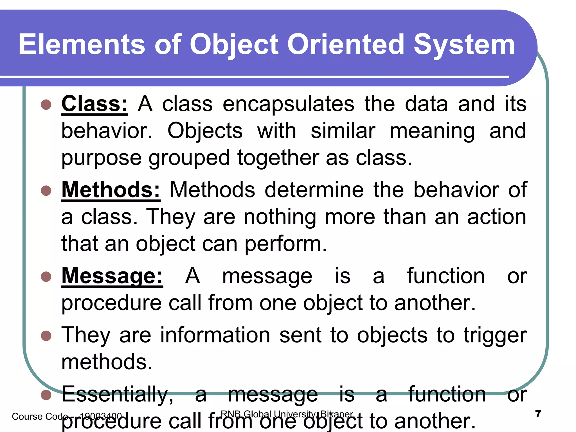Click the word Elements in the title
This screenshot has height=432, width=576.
[x=82, y=44]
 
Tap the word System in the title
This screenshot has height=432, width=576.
[x=464, y=44]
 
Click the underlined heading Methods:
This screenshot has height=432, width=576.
[x=111, y=190]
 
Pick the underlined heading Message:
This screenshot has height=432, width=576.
[x=112, y=276]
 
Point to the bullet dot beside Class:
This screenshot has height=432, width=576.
[x=46, y=105]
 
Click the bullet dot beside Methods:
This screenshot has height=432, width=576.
[x=46, y=191]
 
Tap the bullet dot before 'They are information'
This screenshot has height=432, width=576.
[x=46, y=336]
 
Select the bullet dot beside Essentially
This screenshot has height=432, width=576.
[x=46, y=395]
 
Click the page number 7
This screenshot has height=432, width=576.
[x=538, y=414]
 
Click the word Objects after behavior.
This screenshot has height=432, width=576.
[x=205, y=131]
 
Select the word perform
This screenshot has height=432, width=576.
[x=285, y=244]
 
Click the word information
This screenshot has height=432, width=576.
[x=215, y=335]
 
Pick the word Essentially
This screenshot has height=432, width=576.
[x=117, y=395]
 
